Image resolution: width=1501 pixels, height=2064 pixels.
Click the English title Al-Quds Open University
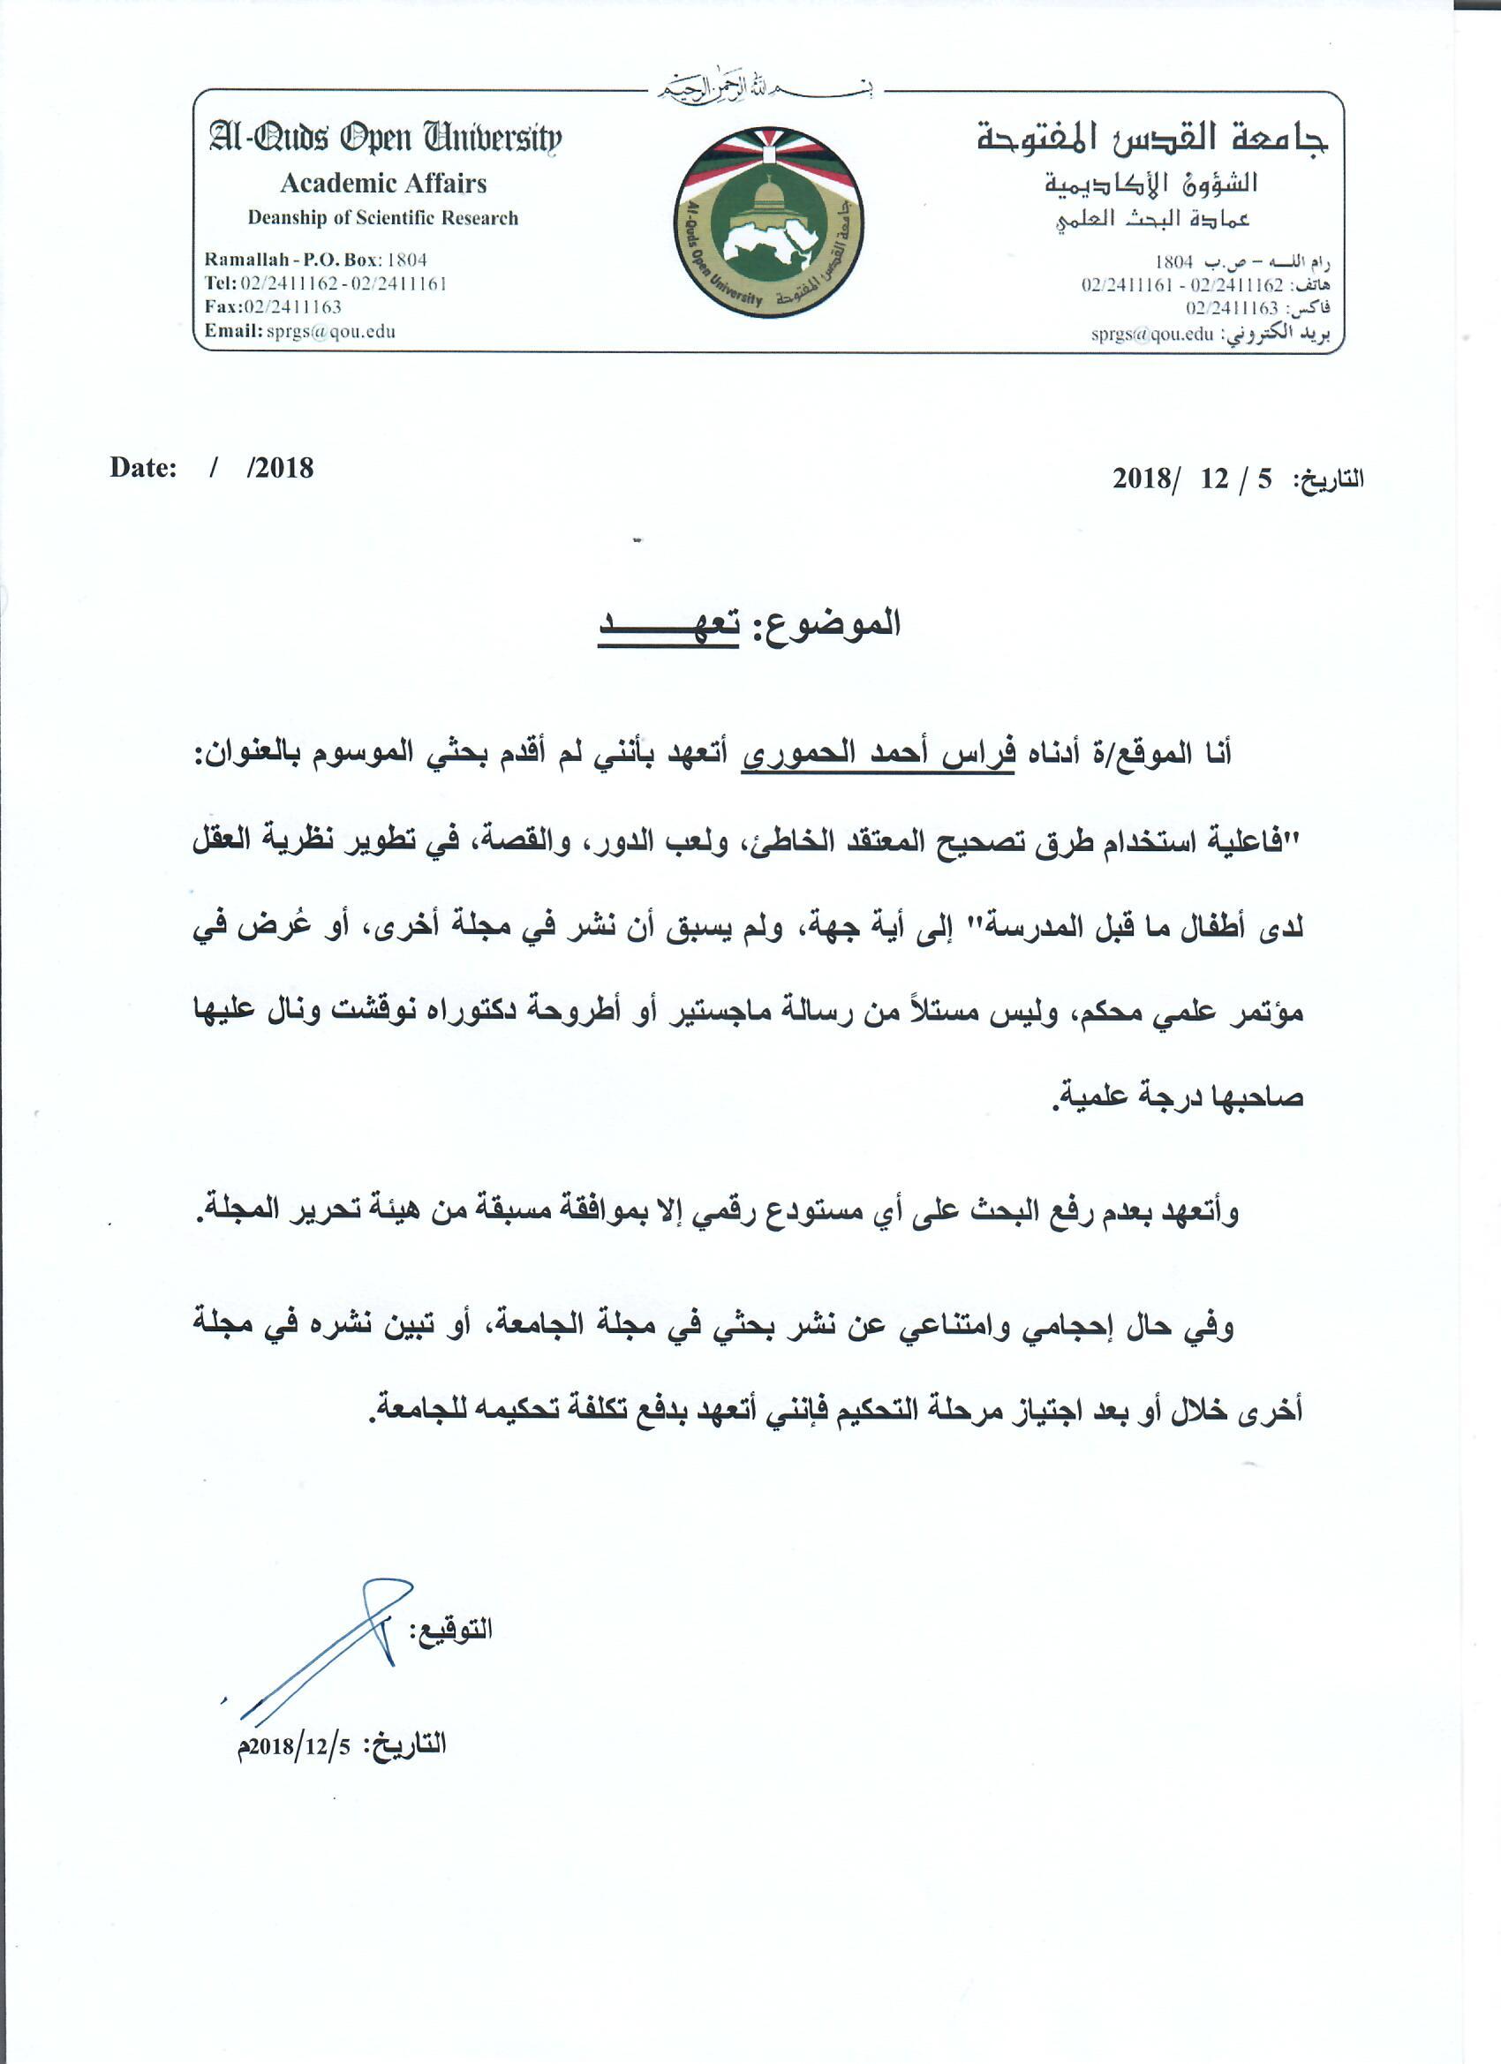point(385,139)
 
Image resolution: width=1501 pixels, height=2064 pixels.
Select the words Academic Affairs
point(383,184)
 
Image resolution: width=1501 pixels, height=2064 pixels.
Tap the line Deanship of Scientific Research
point(382,218)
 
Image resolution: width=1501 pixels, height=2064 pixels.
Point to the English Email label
point(232,331)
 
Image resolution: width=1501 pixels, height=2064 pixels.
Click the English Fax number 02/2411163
point(292,307)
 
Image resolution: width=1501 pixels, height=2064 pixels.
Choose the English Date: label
point(143,468)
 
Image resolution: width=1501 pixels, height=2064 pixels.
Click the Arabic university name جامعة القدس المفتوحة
point(1151,139)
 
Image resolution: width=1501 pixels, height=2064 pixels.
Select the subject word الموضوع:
point(824,624)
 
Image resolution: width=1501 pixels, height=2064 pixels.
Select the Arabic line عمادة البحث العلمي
point(1152,219)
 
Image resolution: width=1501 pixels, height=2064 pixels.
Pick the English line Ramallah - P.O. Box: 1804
point(315,260)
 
